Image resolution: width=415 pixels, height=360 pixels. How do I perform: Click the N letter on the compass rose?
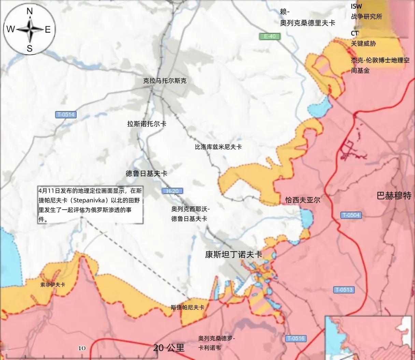tap(30, 11)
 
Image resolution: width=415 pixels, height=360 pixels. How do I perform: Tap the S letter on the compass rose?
tap(30, 48)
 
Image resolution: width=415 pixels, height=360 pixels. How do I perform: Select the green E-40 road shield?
tap(269, 36)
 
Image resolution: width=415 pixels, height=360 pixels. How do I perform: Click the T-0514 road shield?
tap(66, 115)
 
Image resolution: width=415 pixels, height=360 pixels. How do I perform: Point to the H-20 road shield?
tap(172, 191)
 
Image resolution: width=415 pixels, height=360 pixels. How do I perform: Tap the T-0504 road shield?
tap(350, 215)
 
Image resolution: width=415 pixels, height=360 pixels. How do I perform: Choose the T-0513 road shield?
tap(344, 290)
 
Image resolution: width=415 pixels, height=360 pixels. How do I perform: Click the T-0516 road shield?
tap(295, 339)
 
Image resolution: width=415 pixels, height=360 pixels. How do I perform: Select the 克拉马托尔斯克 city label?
tap(165, 81)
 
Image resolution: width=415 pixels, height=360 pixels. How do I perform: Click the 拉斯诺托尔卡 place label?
tap(147, 124)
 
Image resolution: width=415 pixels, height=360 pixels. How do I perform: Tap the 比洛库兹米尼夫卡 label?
tap(218, 147)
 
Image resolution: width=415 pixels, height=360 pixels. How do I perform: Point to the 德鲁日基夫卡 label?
tap(146, 174)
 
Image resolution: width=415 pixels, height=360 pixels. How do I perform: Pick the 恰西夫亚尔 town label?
tap(303, 200)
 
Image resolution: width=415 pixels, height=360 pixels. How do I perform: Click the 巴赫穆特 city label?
tap(394, 196)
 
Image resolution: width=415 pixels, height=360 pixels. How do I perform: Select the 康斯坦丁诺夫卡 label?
tap(234, 254)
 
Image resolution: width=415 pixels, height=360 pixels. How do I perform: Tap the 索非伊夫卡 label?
tap(53, 284)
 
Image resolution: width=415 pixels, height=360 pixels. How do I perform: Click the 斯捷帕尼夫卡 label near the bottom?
tap(187, 307)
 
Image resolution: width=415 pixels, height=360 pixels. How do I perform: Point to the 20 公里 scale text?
tap(169, 348)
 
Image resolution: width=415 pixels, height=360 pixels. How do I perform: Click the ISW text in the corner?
tap(356, 6)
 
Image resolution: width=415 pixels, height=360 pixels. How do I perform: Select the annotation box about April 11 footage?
tap(90, 205)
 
